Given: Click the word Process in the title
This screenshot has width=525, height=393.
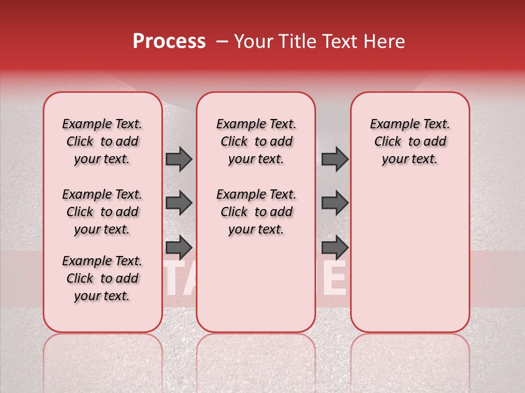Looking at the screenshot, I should (x=168, y=41).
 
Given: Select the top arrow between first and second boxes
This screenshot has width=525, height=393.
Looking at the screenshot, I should (x=179, y=159).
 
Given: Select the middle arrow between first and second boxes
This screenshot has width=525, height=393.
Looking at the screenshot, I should (x=179, y=203).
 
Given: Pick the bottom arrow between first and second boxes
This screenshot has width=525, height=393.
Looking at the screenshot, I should (x=179, y=247).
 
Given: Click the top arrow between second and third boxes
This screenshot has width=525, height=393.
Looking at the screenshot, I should (x=335, y=159).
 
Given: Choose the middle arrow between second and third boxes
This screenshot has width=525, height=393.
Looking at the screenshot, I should (x=335, y=203).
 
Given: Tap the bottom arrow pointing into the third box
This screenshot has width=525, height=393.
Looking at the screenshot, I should (x=335, y=247).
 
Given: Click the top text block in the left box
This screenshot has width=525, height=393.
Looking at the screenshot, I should (x=102, y=141).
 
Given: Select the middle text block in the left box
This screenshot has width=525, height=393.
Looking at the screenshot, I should (x=102, y=212).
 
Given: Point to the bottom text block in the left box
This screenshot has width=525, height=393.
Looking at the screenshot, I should (x=102, y=278).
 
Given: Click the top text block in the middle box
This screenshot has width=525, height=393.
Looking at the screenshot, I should (x=256, y=141).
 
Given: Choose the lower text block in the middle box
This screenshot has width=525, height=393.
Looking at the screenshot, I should (x=256, y=212).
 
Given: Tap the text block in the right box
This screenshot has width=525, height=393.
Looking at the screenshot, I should (x=410, y=141).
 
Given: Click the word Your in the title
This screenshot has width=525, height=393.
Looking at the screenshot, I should (x=252, y=41).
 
